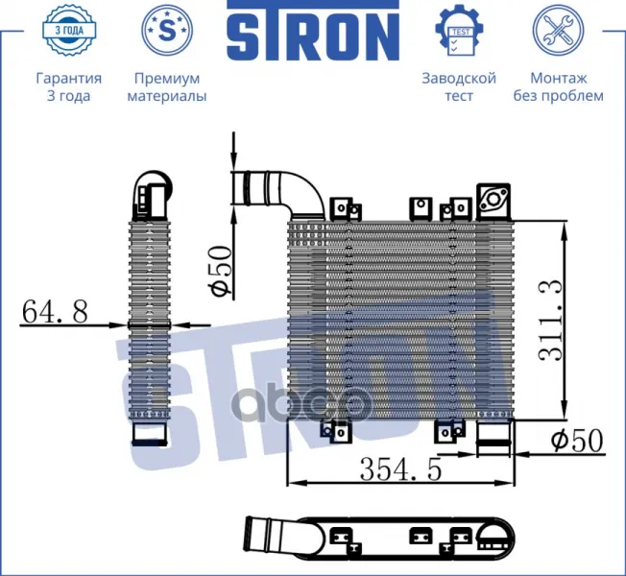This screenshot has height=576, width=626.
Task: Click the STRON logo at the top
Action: tap(313, 31)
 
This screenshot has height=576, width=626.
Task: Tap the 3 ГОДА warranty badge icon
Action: tap(69, 30)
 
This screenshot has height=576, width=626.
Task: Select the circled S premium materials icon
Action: tap(167, 30)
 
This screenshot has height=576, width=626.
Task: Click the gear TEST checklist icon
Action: tap(460, 30)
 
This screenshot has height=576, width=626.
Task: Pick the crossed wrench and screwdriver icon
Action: tap(558, 30)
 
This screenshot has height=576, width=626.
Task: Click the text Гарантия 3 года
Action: tap(69, 86)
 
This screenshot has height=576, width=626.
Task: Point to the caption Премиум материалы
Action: tap(167, 86)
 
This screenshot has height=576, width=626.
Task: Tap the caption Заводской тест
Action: tap(459, 86)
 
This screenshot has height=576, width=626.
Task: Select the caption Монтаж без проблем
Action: tap(558, 86)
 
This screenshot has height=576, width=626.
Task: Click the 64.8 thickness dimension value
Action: tap(55, 311)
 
